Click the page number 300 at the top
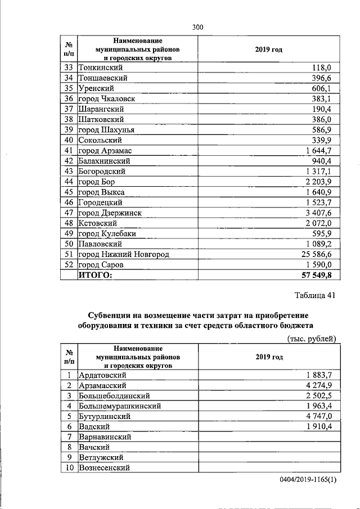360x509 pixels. click(197, 26)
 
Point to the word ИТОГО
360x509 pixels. click(96, 276)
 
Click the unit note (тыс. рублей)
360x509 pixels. click(312, 339)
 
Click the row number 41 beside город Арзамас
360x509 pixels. click(69, 151)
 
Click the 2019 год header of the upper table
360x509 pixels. click(268, 49)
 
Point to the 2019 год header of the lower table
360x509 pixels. click(268, 357)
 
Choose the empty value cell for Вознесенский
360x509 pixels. click(268, 468)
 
